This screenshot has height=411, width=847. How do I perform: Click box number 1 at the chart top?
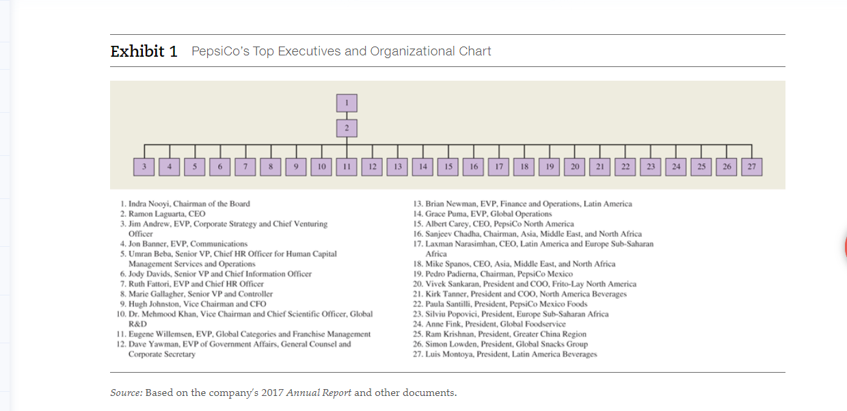pos(347,103)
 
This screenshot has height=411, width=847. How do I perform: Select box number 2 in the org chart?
pos(347,128)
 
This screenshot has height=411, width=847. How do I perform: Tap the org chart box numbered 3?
pos(144,166)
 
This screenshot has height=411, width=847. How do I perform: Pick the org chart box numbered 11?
pos(347,166)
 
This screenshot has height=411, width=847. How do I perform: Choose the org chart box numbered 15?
pos(448,166)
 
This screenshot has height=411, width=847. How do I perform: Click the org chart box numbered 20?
pos(575,166)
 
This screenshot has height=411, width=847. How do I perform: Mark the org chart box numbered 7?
pos(245,166)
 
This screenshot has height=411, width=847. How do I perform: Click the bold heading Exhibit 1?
pos(144,51)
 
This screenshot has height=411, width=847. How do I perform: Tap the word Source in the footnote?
pos(126,393)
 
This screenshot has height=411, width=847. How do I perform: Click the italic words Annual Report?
pos(319,393)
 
